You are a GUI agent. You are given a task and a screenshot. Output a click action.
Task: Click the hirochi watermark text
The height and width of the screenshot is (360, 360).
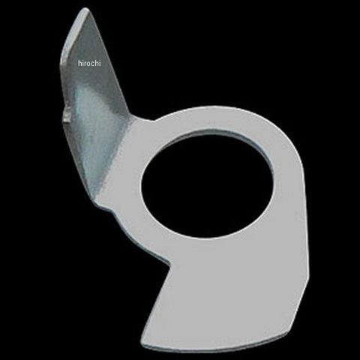click(x=89, y=63)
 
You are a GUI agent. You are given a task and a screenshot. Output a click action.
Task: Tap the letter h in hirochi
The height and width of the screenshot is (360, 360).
click(x=79, y=63)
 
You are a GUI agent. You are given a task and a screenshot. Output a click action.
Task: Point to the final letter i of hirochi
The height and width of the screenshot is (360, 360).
click(x=100, y=63)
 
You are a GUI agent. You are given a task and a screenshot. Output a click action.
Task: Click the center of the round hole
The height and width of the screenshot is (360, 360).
click(x=207, y=183)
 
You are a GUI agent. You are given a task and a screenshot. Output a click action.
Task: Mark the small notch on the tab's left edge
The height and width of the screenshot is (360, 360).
click(x=66, y=114)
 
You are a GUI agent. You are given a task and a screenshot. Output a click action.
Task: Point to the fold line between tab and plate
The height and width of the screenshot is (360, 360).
click(x=114, y=160)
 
